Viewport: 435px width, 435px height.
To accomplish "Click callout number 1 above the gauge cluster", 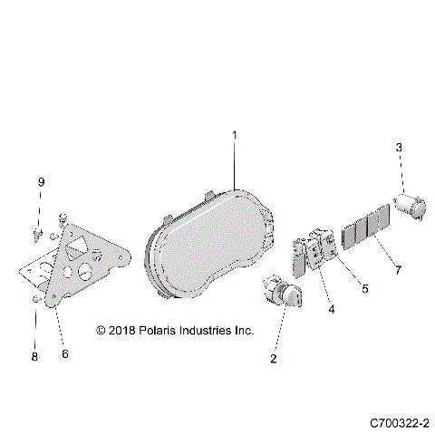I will pos(234,136).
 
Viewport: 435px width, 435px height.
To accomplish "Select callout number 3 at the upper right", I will pos(399,148).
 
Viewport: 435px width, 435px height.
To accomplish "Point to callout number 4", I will pos(332,310).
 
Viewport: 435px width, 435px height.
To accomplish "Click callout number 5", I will pos(365,290).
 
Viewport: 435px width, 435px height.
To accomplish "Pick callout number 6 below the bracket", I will pos(64,353).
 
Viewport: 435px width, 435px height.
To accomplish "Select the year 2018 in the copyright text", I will pos(120,331).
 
